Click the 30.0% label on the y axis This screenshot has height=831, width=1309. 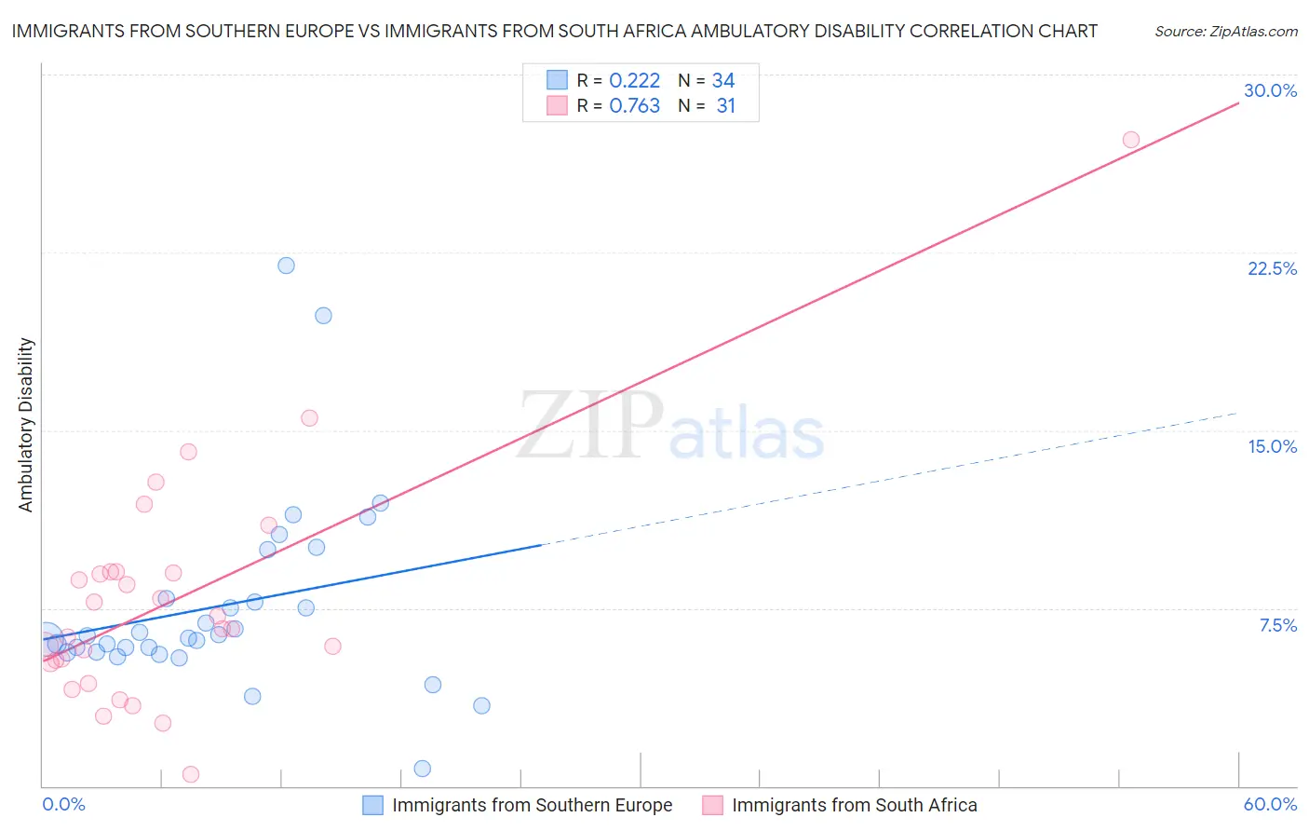pos(1270,90)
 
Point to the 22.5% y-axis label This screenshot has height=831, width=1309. pos(1272,268)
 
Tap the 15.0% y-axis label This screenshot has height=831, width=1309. pos(1272,446)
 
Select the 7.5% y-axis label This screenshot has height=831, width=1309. pos(1277,625)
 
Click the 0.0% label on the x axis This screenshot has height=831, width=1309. pos(63,804)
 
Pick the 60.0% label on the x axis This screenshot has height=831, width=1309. pos(1270,804)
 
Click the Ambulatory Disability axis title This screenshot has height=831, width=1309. pos(26,425)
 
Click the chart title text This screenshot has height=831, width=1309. pos(554,31)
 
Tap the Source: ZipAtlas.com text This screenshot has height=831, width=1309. pos(1225,31)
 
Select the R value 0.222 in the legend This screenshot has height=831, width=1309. pos(634,81)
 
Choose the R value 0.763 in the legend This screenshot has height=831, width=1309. pos(634,106)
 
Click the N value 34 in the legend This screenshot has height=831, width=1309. pos(723,81)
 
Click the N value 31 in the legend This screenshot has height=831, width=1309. pos(725,106)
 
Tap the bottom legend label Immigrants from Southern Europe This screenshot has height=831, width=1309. pos(532,805)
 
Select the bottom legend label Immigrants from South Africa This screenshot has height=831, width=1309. pos(854,805)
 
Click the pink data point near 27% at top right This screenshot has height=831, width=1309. pos(1130,140)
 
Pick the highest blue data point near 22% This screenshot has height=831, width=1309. pos(286,266)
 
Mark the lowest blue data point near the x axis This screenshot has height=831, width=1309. pos(422,769)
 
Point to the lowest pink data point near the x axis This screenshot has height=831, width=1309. pos(191,774)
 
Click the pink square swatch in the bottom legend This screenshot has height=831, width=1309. pos(712,805)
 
